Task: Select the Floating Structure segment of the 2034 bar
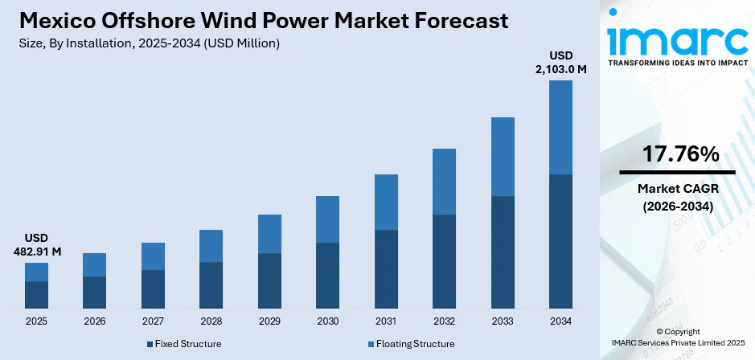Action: [560, 127]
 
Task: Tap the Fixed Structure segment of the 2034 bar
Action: [560, 241]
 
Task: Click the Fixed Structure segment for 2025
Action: [36, 295]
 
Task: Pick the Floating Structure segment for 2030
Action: [327, 219]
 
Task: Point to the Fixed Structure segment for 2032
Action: [444, 261]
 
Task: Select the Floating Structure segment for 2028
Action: [211, 246]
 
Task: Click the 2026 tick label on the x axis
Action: [94, 321]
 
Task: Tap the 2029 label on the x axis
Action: [269, 321]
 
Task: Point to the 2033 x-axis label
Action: [503, 321]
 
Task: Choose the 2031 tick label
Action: [386, 321]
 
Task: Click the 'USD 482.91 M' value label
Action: [36, 245]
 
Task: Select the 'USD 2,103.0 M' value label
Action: [560, 62]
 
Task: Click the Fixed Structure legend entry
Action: [184, 344]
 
